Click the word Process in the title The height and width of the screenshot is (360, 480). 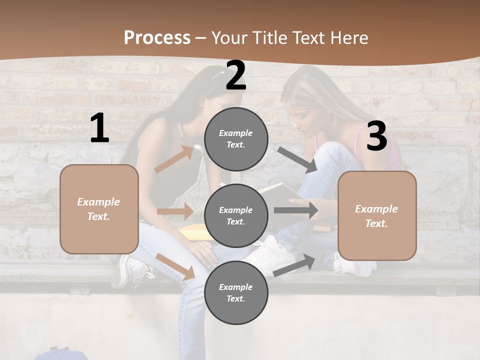click(x=157, y=37)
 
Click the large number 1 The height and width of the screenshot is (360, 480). click(x=99, y=128)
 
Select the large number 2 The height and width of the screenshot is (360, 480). click(x=236, y=76)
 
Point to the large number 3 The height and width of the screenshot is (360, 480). click(x=376, y=136)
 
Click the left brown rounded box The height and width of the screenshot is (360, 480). click(x=99, y=209)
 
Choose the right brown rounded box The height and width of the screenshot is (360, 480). click(x=377, y=215)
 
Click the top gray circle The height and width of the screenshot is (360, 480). click(x=236, y=139)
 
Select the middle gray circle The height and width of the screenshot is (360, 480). click(x=236, y=215)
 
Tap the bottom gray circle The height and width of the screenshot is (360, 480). click(x=236, y=292)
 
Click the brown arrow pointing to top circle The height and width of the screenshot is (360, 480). click(x=174, y=159)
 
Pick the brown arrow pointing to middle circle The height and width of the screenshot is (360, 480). click(x=175, y=211)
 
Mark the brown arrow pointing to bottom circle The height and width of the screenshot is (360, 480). click(x=175, y=266)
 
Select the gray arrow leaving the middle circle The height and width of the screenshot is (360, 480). click(x=296, y=210)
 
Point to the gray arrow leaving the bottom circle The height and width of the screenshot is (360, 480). click(x=294, y=265)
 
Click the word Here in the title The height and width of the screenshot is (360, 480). click(x=349, y=37)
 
